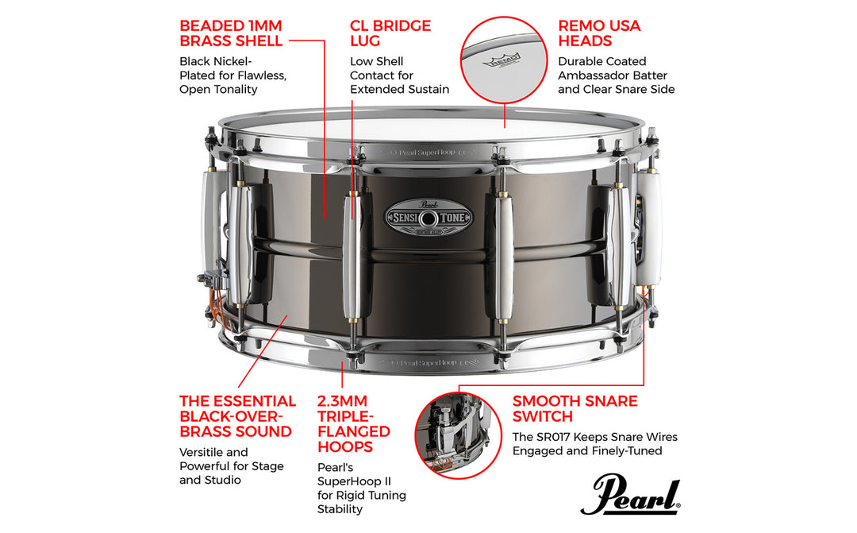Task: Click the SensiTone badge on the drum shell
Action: (428, 216)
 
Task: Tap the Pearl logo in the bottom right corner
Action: (630, 496)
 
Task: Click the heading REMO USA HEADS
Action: (599, 33)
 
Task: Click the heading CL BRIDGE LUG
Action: (390, 33)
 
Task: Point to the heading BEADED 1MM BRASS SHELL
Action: (231, 33)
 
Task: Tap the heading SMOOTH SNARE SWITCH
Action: (575, 408)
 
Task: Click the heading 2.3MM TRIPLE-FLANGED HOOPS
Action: (354, 423)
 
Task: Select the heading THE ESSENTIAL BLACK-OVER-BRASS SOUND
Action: (237, 416)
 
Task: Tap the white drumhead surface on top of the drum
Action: (428, 127)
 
